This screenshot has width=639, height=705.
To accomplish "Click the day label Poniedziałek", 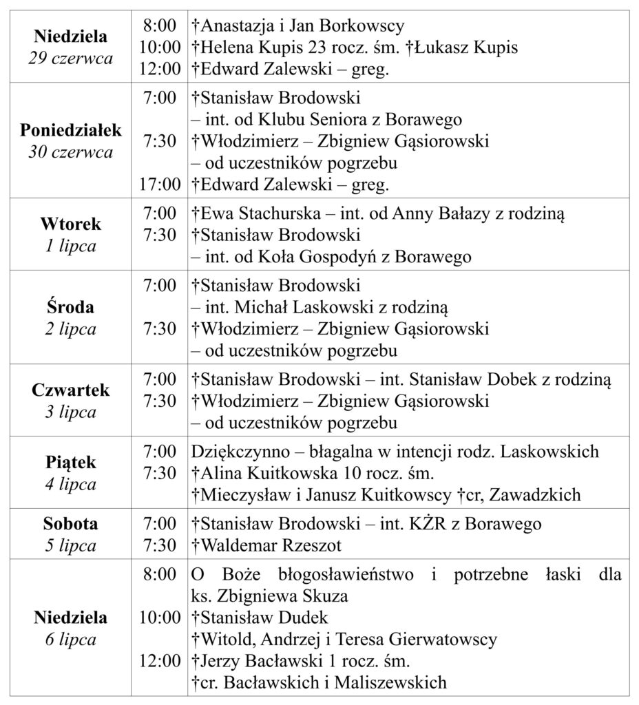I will pyautogui.click(x=70, y=130).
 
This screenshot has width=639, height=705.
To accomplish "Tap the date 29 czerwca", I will pyautogui.click(x=70, y=58).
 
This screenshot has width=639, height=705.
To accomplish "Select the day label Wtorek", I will pyautogui.click(x=70, y=224).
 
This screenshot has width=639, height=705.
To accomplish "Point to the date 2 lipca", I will pyautogui.click(x=70, y=328).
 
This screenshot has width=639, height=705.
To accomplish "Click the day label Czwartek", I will pyautogui.click(x=70, y=390).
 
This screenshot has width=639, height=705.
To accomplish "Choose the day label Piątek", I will pyautogui.click(x=70, y=461).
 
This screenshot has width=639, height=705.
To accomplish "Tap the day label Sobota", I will pyautogui.click(x=70, y=523).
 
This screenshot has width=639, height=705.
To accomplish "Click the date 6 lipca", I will pyautogui.click(x=70, y=639).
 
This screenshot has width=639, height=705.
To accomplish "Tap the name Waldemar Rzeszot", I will pyautogui.click(x=270, y=545).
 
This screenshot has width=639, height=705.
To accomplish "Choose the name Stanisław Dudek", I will pyautogui.click(x=262, y=617).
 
